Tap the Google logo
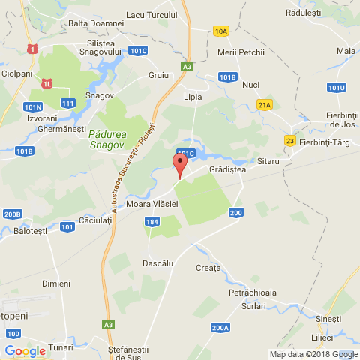pos(25,350)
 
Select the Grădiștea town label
pos(227,170)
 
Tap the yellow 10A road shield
pos(220,31)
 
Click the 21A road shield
pos(264,105)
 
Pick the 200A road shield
pos(220,328)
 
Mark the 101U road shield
pos(337,88)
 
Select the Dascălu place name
pos(157,263)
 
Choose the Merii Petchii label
pos(240,52)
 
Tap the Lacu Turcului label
pos(152,14)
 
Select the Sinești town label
pos(328,319)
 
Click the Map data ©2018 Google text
pos(313,354)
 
